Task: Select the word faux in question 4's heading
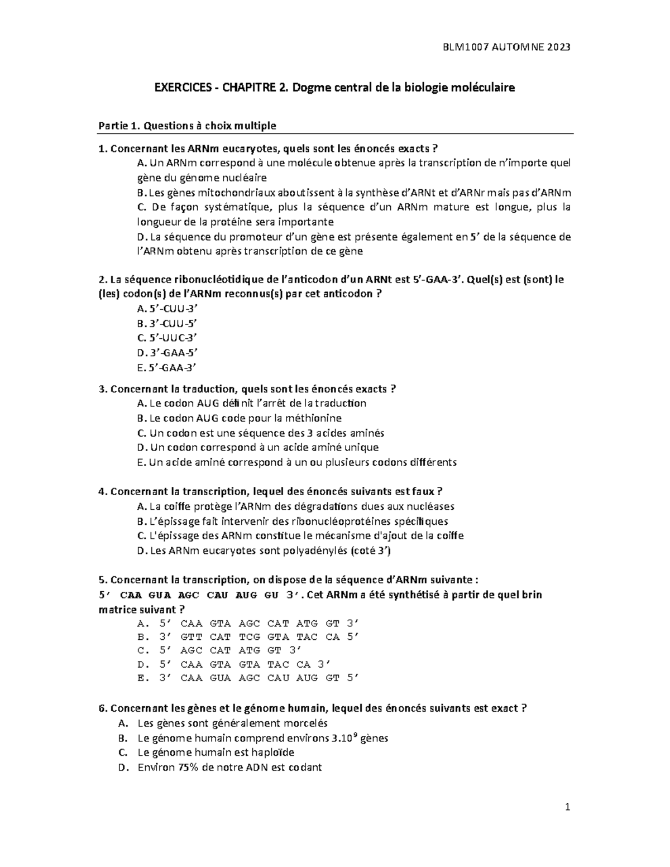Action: [422, 491]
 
